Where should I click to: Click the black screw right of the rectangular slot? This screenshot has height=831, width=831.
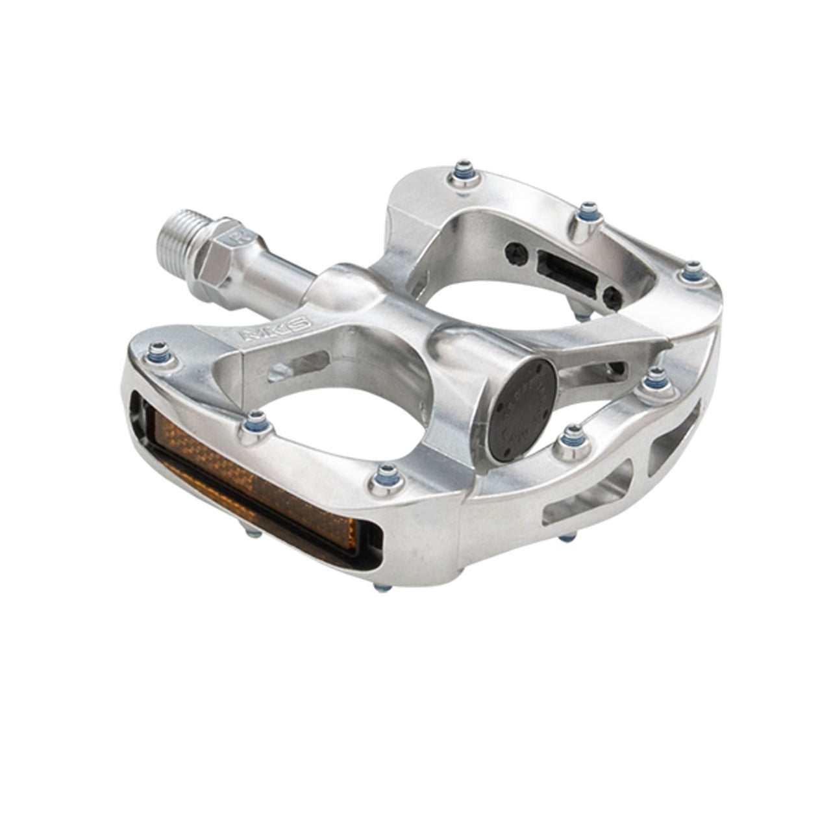point(611,297)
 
